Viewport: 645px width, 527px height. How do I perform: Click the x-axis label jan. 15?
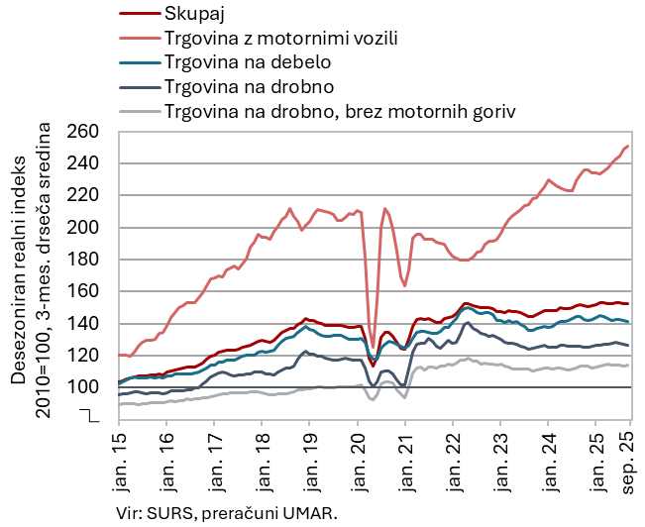(119, 457)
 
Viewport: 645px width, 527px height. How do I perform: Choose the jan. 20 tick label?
(357, 457)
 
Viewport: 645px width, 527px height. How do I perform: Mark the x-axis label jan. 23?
(499, 457)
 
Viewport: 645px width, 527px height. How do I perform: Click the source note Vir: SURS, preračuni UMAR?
(226, 512)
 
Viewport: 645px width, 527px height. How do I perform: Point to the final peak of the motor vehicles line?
(628, 147)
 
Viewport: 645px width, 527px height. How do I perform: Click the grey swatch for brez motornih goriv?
(138, 110)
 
